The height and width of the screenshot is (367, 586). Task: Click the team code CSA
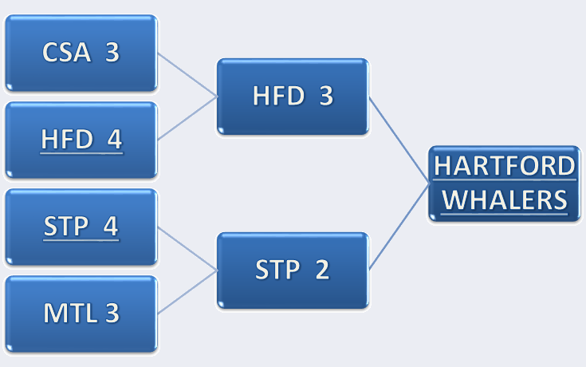pos(66,52)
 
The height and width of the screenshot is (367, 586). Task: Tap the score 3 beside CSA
pos(112,52)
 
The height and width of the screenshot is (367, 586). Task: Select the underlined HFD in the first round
pos(67,139)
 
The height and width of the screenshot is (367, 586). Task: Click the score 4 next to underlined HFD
pos(114,139)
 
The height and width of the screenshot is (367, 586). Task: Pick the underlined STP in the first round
pos(66,226)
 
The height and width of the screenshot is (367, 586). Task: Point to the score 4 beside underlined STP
pos(111,226)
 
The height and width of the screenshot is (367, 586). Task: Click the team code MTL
pos(71,313)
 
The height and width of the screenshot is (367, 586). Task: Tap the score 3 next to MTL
pos(112,313)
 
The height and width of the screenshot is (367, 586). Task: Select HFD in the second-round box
pos(279,96)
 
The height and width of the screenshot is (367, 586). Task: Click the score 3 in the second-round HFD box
pos(326,96)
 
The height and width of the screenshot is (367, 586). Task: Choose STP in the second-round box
pos(277,270)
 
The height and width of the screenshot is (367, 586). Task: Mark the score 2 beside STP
pos(322,270)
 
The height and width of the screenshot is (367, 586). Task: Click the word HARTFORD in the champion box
pos(505,166)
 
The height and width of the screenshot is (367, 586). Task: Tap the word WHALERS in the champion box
pos(505,199)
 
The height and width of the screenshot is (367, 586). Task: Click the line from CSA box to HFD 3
pos(187,75)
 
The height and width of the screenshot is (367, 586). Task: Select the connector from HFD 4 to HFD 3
pos(187,118)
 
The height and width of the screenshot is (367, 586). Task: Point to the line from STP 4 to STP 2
pos(187,249)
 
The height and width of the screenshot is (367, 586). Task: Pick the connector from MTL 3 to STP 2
pos(187,292)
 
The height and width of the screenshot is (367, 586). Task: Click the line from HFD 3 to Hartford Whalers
pos(399,140)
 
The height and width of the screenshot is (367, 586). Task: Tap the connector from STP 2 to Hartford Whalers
pos(399,227)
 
